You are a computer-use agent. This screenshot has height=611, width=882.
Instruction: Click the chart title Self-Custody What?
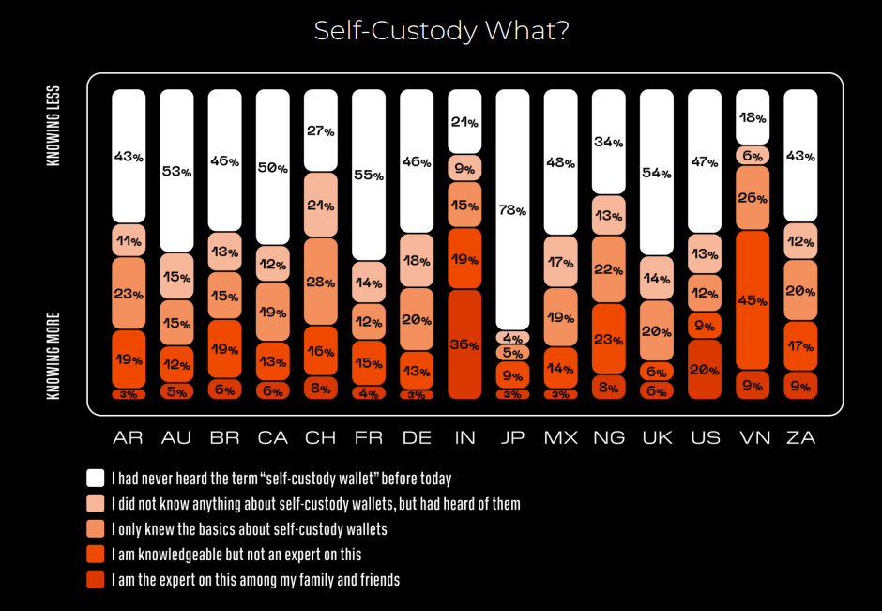[441, 31]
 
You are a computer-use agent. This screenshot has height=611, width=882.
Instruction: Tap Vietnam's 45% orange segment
[753, 300]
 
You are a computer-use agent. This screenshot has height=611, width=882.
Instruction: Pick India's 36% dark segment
[464, 344]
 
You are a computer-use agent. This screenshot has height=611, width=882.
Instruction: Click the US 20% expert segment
[705, 369]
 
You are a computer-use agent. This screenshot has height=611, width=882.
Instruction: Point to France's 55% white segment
[368, 175]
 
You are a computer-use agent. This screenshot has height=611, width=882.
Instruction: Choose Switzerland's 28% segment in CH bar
[320, 282]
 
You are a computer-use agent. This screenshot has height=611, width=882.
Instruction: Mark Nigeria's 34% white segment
[608, 142]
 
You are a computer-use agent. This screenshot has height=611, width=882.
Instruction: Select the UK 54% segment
[657, 173]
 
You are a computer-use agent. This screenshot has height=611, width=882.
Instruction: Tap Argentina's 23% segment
[128, 293]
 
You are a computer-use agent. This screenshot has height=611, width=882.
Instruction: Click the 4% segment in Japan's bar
[512, 337]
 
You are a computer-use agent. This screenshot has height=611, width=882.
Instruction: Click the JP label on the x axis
[512, 438]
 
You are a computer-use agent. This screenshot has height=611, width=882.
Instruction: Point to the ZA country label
[800, 438]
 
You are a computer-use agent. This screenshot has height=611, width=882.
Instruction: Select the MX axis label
[560, 438]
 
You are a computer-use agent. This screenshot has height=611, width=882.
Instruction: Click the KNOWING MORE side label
[53, 357]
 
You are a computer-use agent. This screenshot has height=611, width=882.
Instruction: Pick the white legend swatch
[95, 478]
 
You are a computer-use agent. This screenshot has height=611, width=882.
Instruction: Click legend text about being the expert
[255, 580]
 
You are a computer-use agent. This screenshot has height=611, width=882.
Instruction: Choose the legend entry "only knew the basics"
[249, 529]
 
